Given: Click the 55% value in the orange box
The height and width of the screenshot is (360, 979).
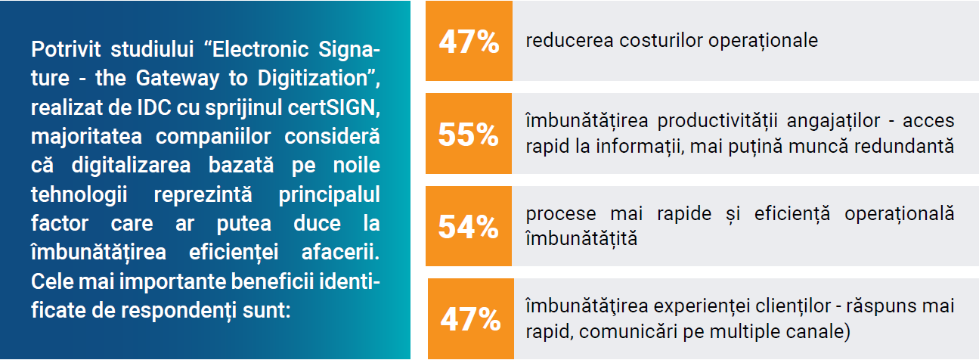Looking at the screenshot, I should click(469, 135).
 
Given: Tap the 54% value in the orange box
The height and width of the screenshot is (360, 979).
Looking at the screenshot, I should click(469, 227).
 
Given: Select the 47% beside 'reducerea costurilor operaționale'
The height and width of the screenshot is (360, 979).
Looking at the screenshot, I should click(469, 42).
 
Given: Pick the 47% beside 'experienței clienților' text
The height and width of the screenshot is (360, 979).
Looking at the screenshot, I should click(470, 319).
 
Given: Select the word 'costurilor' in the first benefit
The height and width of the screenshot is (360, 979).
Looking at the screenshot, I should click(661, 41).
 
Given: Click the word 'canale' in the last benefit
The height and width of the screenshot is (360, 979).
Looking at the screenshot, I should click(822, 331).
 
